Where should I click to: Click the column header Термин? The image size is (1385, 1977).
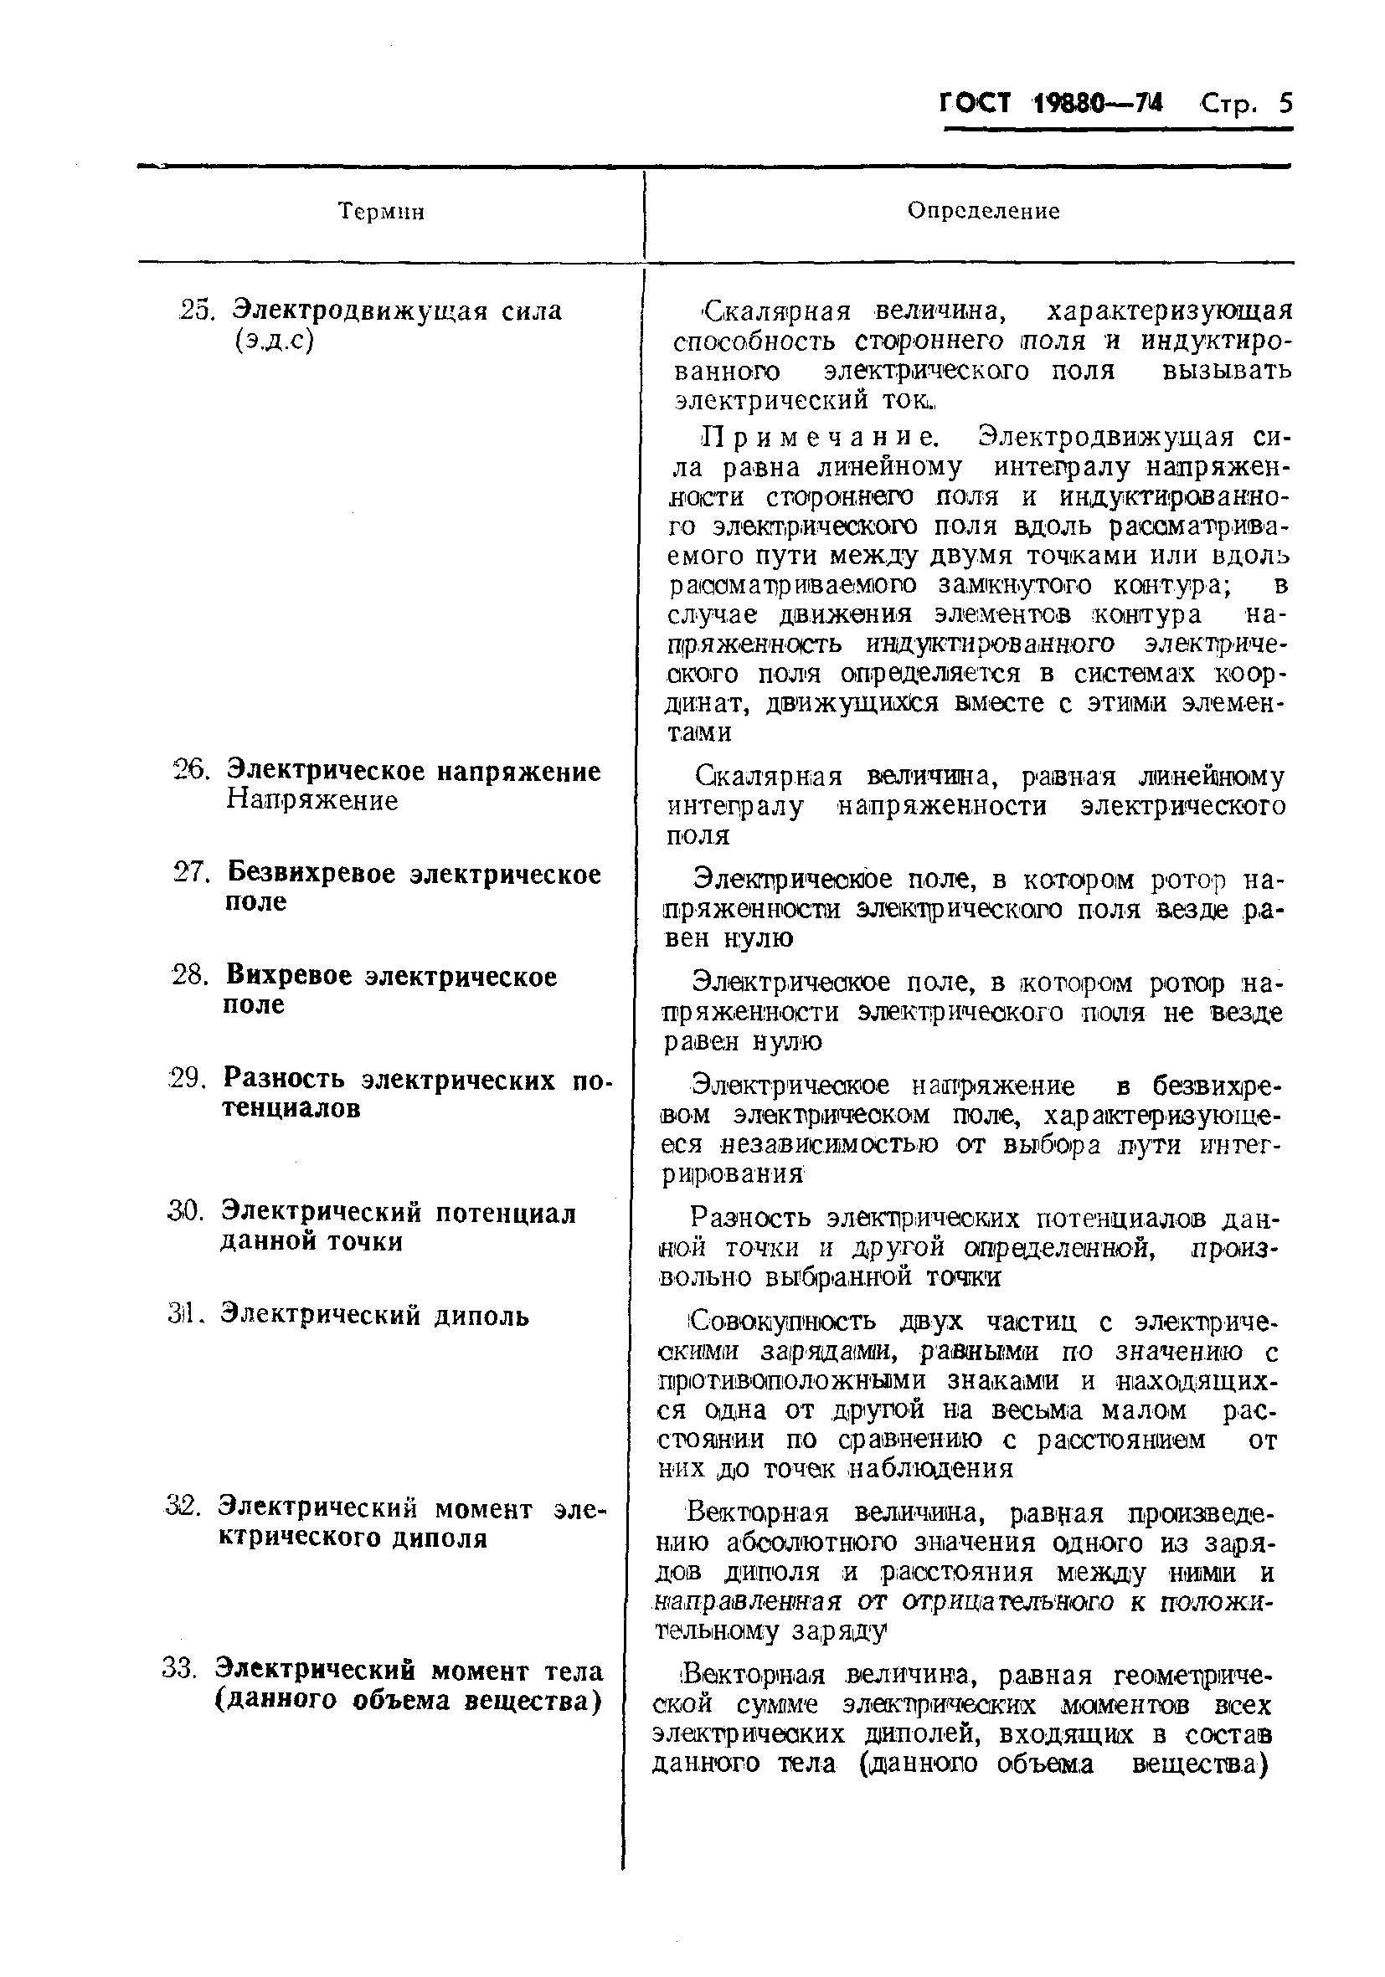click(381, 212)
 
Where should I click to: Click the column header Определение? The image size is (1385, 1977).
click(983, 211)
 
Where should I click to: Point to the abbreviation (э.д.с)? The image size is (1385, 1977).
click(274, 341)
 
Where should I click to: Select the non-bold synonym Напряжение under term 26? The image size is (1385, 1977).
click(311, 801)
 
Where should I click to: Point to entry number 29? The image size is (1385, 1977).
click(184, 1078)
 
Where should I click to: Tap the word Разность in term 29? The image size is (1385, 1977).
click(284, 1078)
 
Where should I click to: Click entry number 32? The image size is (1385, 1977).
click(183, 1507)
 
